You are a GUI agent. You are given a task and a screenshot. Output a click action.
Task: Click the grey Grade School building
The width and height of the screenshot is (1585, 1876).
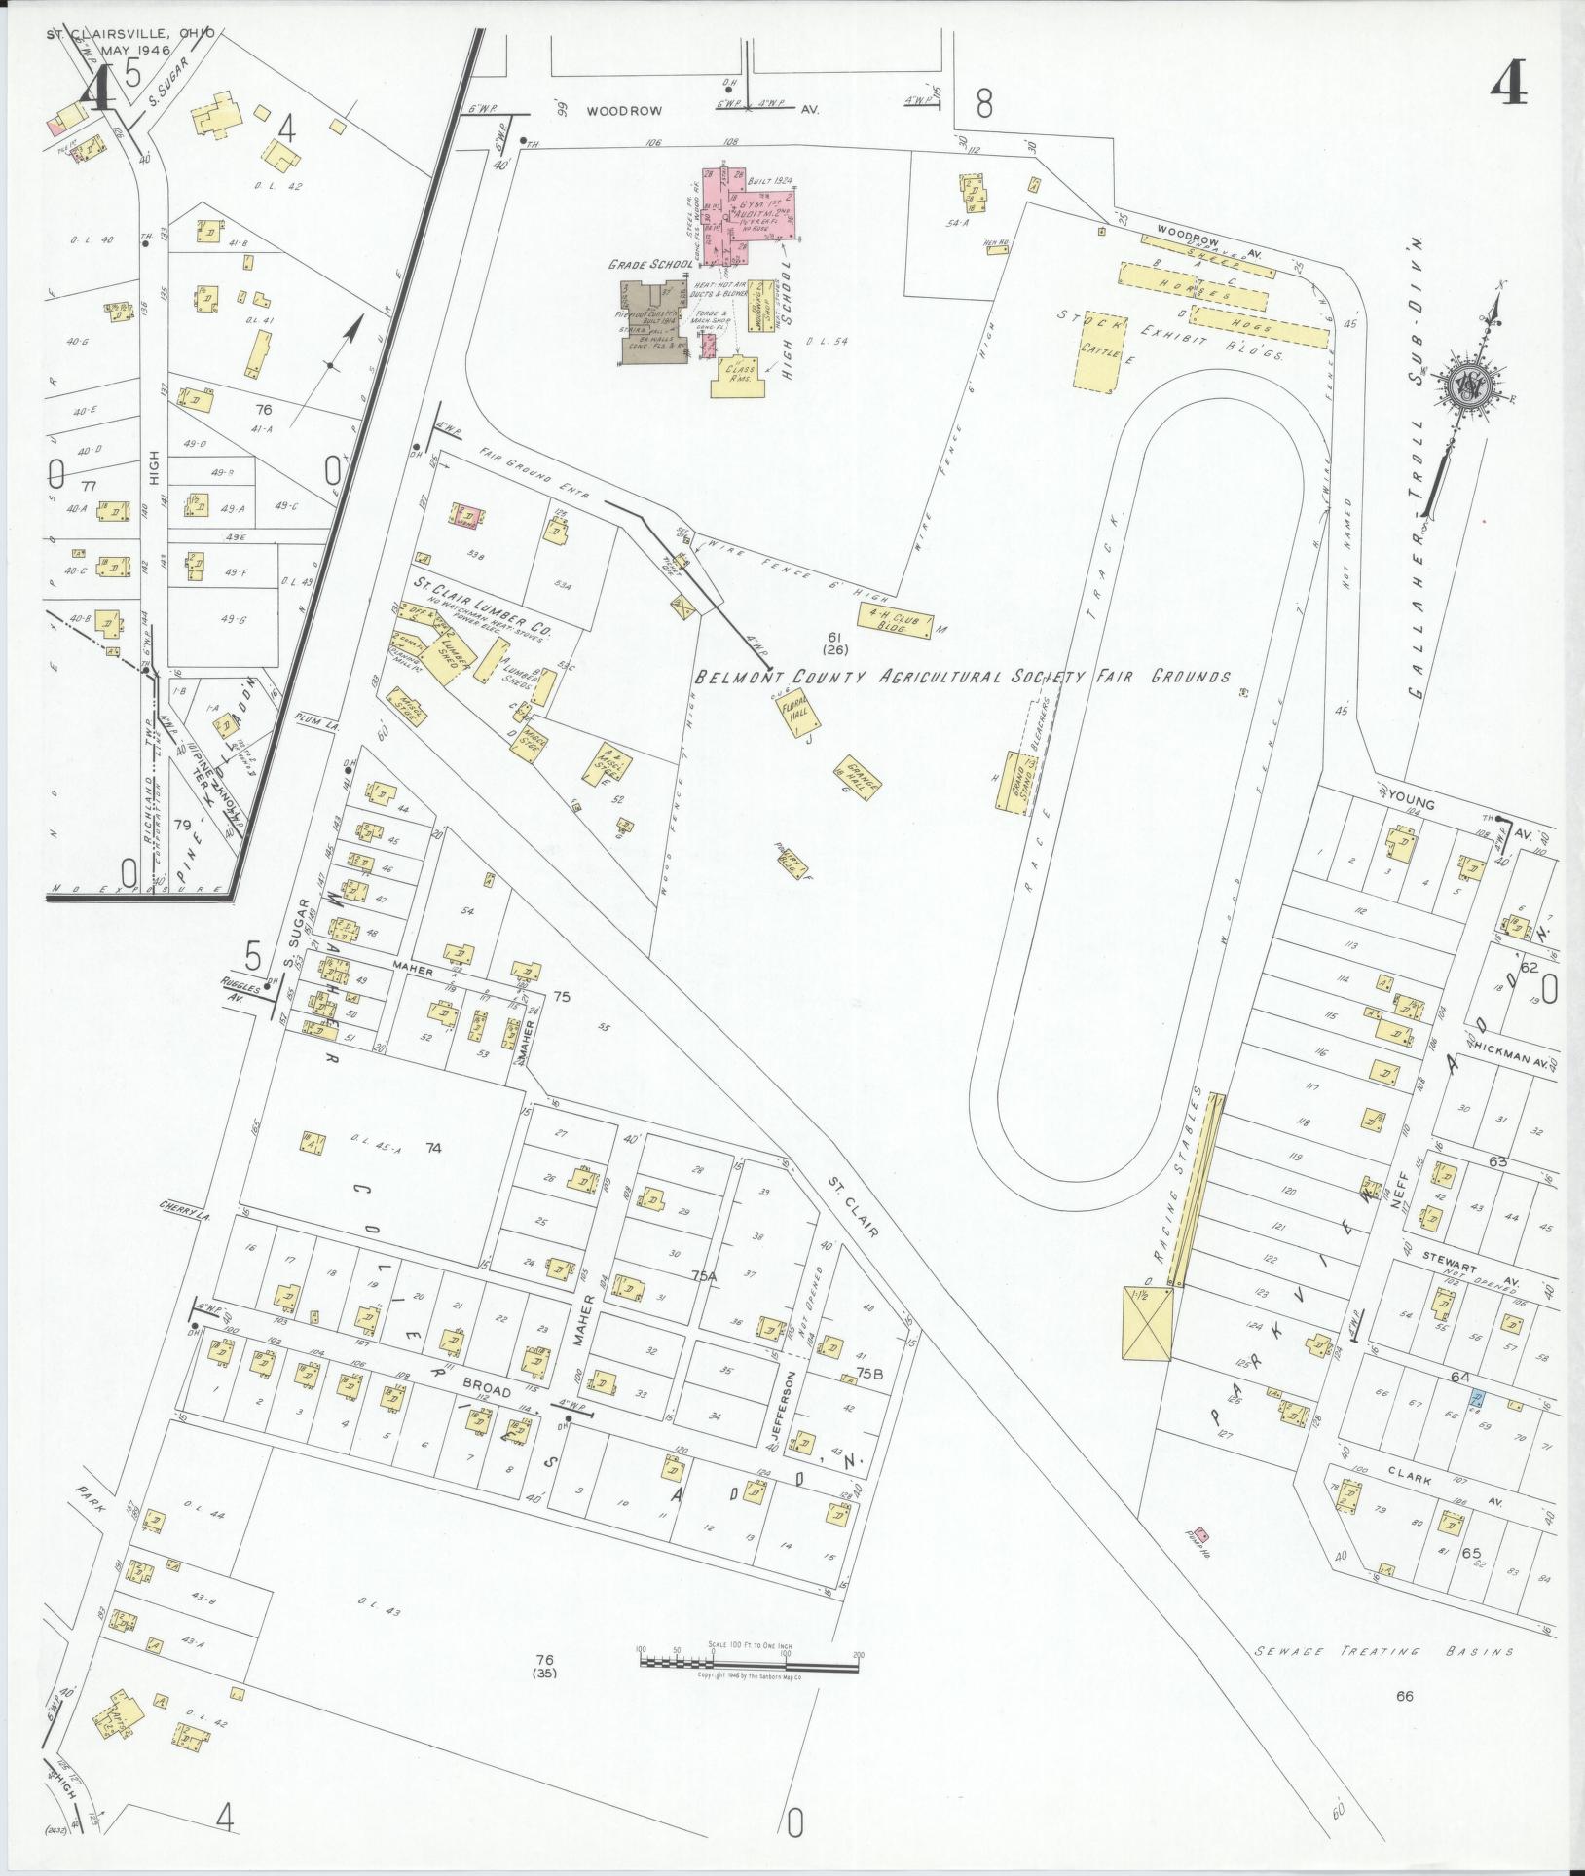coord(654,322)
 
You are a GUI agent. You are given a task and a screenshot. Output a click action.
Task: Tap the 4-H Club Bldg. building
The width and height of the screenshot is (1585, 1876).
coord(894,620)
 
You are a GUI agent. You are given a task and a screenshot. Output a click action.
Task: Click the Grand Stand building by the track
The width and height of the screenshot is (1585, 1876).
coord(1014,780)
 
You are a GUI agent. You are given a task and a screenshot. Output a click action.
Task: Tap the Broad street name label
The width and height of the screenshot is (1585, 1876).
coord(487,1393)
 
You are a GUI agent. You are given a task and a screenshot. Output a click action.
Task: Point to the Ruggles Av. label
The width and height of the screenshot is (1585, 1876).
coord(240,990)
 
